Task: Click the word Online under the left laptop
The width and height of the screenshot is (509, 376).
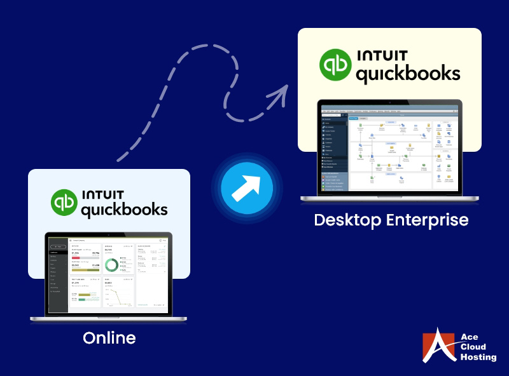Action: click(109, 337)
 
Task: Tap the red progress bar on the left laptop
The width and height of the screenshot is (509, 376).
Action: click(76, 258)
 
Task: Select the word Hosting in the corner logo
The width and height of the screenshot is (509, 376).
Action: click(477, 358)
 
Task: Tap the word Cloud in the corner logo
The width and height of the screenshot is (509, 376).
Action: click(473, 347)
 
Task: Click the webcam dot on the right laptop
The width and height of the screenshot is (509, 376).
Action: click(390, 102)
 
